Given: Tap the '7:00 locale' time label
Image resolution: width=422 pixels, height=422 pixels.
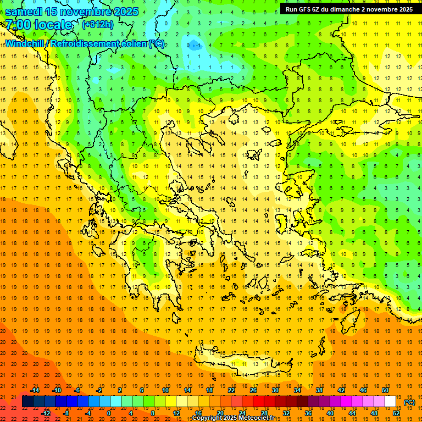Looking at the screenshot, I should point(38,25).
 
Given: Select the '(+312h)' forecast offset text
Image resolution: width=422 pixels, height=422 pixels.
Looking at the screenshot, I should point(98,25).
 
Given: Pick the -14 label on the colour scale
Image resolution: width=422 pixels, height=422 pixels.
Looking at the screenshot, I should point(35,390).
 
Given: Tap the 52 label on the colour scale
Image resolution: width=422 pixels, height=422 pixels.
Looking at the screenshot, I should point(396,413).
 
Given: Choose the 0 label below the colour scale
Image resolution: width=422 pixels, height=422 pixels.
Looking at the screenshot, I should point(108,413).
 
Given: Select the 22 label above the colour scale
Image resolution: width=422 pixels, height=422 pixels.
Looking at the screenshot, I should point(231,390).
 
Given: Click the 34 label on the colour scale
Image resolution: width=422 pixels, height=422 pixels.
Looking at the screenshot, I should point(297,390).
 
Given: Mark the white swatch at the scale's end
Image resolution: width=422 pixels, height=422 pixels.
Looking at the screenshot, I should point(391,402).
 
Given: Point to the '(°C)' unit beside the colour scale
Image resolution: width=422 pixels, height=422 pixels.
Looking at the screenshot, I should point(409,402).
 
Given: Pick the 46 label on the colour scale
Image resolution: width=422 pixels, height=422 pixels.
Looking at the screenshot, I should point(363,390).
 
